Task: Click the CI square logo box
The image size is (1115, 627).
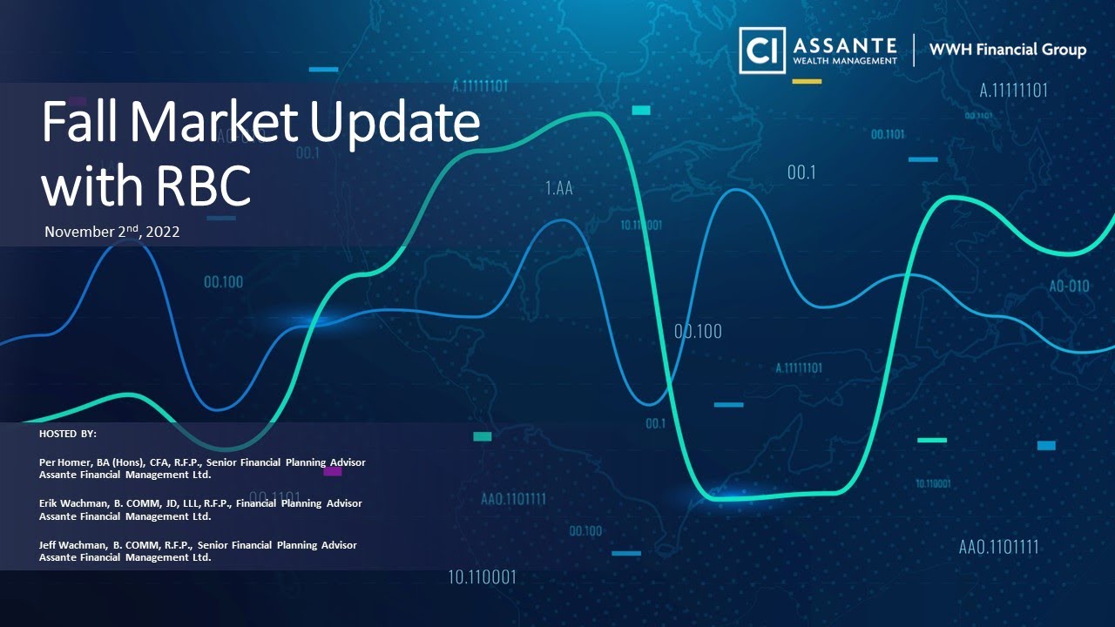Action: click(x=761, y=50)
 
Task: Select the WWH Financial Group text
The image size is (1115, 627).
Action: click(x=1008, y=50)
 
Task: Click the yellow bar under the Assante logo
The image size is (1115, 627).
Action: click(x=807, y=81)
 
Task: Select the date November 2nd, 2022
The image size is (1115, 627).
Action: click(x=111, y=233)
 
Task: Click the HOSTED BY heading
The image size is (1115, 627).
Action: click(x=68, y=433)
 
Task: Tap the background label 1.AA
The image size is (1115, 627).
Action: click(x=558, y=187)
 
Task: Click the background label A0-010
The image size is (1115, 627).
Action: click(x=1069, y=286)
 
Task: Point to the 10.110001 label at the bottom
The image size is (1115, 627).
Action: click(x=482, y=576)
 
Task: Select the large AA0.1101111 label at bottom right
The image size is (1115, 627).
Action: click(x=998, y=548)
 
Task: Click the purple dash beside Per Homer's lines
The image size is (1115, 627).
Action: click(x=332, y=471)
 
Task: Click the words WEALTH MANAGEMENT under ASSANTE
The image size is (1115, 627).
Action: click(x=844, y=60)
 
